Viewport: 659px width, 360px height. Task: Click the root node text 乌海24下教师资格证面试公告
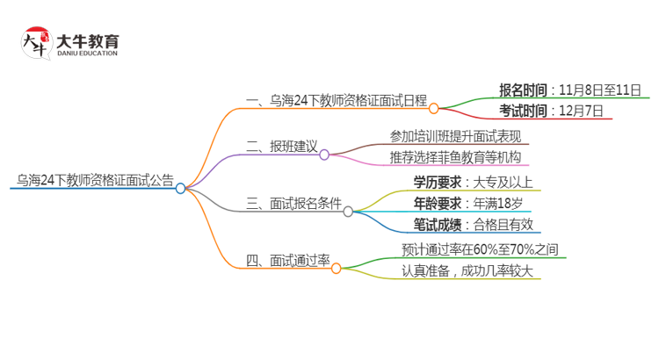click(95, 181)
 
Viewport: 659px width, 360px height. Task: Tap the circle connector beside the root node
click(180, 188)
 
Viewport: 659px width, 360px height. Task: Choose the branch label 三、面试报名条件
click(293, 205)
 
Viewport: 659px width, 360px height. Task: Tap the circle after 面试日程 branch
click(433, 108)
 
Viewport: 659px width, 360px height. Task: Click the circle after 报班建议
click(324, 155)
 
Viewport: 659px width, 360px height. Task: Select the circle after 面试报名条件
click(348, 212)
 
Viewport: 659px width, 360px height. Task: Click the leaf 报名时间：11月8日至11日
click(569, 90)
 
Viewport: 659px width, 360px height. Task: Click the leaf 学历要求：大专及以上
click(473, 183)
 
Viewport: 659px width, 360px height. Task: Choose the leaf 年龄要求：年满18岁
click(467, 204)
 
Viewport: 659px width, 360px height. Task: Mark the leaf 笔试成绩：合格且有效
click(473, 226)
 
